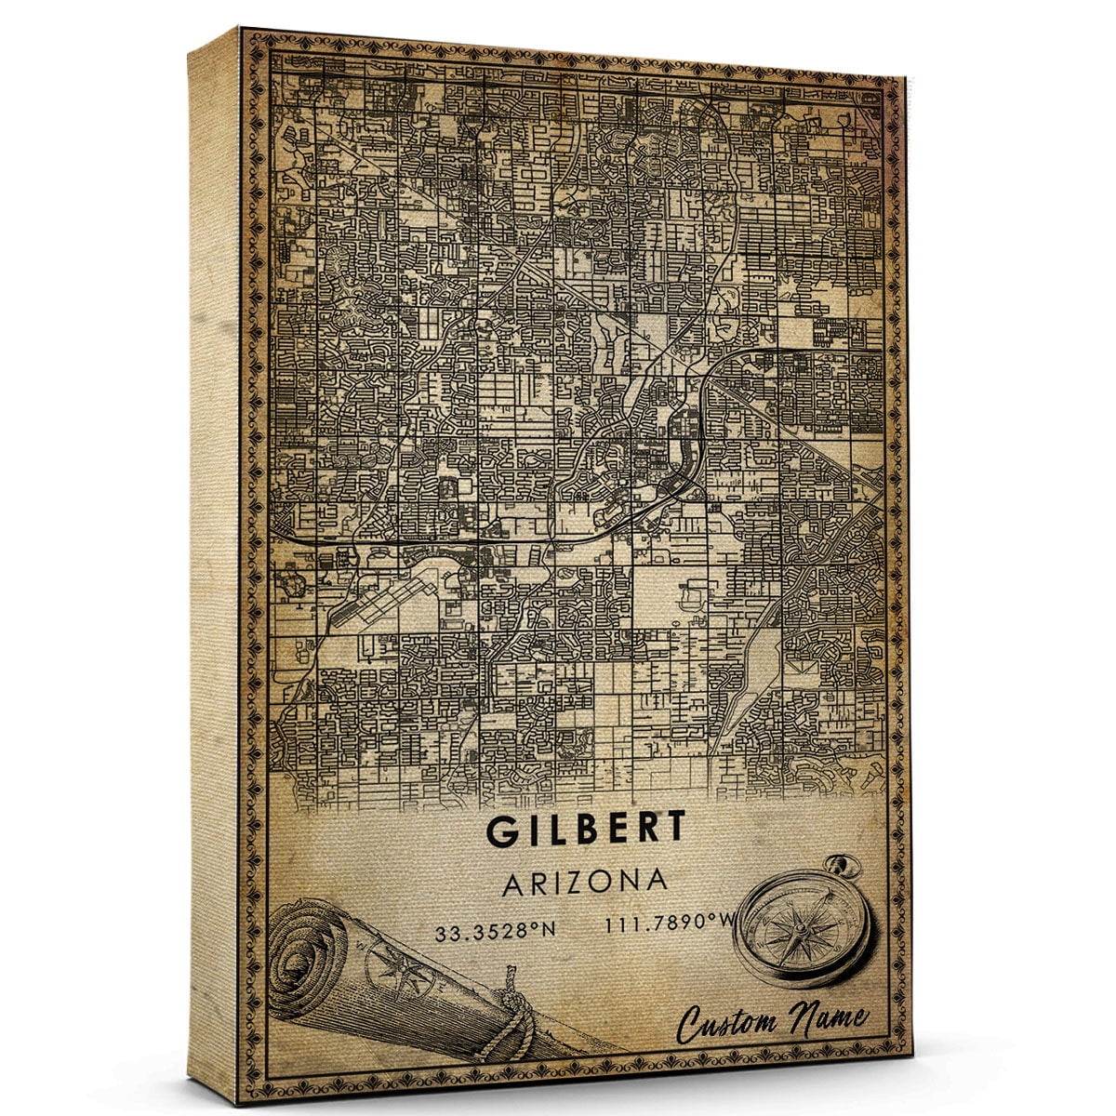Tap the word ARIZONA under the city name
[x=585, y=882]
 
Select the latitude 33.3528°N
[x=491, y=929]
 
